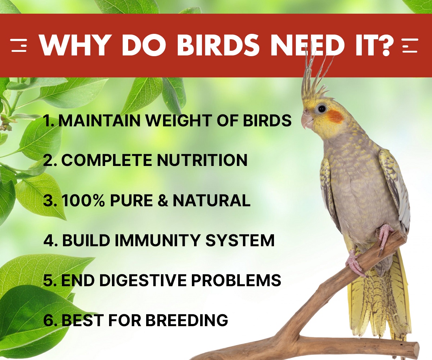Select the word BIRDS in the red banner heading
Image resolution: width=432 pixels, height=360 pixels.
[x=218, y=45]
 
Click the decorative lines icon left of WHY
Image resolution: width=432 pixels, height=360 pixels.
[x=19, y=45]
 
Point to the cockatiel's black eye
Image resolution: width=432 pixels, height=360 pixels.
[x=322, y=108]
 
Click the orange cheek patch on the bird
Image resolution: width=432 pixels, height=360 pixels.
[x=335, y=117]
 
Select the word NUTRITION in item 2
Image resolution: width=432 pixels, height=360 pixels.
[x=202, y=160]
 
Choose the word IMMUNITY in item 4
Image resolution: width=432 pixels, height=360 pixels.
[x=157, y=240]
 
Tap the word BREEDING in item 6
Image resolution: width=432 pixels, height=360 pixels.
[x=186, y=320]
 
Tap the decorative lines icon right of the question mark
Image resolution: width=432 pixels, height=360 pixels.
[x=410, y=45]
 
